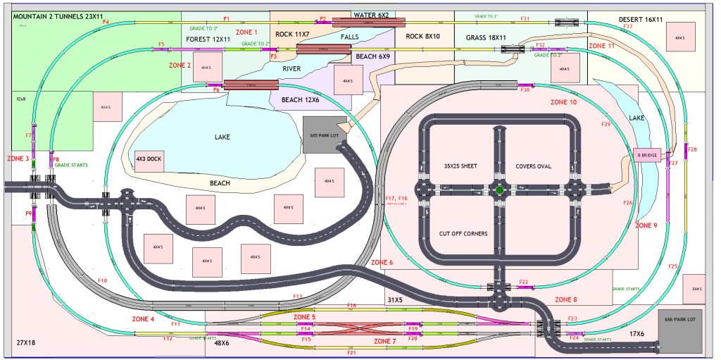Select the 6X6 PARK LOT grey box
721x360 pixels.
679,330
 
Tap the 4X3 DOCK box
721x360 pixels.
149,159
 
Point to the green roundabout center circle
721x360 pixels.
500,190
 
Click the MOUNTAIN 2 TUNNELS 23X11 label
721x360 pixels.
54,15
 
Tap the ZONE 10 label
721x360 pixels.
563,103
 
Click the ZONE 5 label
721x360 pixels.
304,317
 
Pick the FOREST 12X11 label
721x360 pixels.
208,39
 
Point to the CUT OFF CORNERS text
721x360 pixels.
463,233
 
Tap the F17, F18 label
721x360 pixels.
397,199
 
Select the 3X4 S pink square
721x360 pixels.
696,289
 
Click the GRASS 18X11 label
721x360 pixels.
487,37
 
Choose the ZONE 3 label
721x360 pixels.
18,159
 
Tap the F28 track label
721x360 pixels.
692,149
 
